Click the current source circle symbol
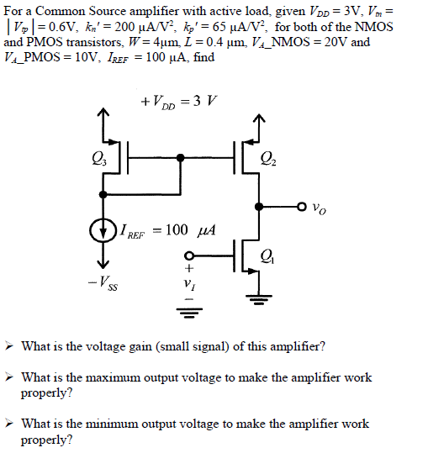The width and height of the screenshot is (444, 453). (103, 229)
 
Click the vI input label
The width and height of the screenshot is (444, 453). (188, 282)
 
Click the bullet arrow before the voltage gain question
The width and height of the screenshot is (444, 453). (9, 346)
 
